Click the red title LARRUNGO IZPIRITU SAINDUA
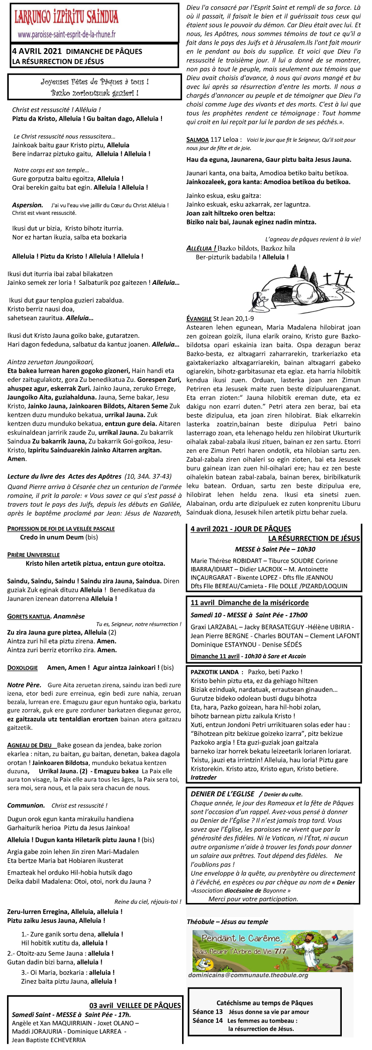[x=67, y=17]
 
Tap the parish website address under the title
[x=67, y=34]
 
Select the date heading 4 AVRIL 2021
[x=37, y=51]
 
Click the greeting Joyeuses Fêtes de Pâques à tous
[x=95, y=82]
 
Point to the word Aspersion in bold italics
[x=27, y=205]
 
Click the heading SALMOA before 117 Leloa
[x=197, y=140]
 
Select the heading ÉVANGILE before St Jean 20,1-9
[x=199, y=318]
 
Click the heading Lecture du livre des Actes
[x=64, y=476]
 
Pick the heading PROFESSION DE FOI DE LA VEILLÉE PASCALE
[x=61, y=528]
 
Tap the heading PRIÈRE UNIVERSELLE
[x=33, y=555]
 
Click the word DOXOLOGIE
[x=22, y=668]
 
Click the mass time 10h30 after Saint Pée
[x=306, y=549]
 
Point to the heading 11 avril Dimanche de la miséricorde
[x=249, y=602]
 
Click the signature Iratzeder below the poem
[x=204, y=777]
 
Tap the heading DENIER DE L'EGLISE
[x=222, y=794]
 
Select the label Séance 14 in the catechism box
[x=207, y=1021]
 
